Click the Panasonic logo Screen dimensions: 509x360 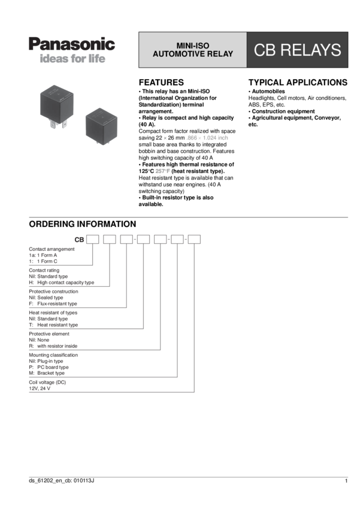72,44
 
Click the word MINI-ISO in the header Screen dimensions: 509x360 193,46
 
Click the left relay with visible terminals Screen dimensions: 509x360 57,105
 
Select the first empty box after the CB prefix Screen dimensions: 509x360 92,240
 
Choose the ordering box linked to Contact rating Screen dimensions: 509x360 110,240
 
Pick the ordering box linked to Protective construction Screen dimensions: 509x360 126,240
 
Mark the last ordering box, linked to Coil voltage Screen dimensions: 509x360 194,240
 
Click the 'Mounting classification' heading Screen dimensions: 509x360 53,355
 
